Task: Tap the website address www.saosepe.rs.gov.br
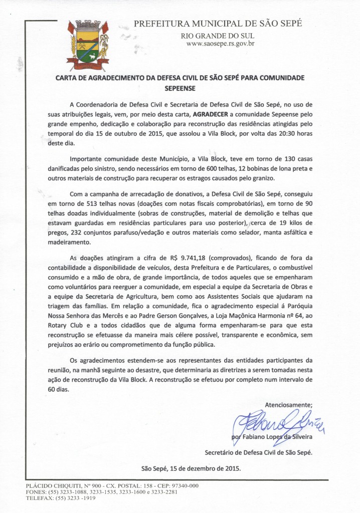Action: tap(221, 44)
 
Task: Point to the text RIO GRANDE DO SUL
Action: tap(218, 36)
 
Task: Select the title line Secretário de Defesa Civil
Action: tap(259, 452)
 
